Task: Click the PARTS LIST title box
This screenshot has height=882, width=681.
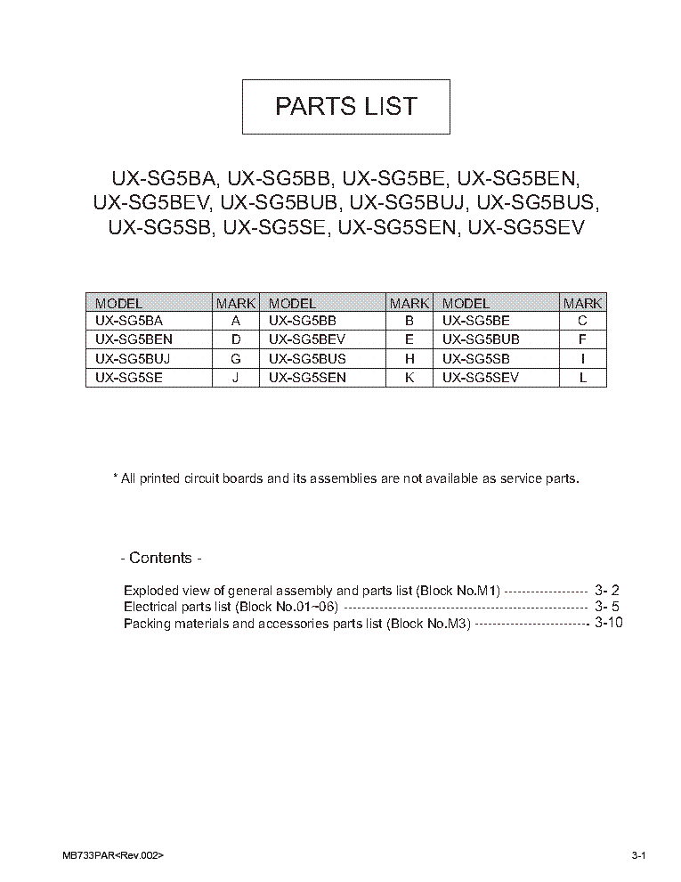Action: coord(346,106)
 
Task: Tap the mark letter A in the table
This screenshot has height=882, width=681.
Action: coord(236,321)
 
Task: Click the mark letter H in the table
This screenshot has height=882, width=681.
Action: coord(409,358)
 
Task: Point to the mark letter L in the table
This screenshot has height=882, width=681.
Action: coord(583,377)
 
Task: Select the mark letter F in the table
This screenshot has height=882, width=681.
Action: coord(583,339)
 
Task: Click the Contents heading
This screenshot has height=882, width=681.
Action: coord(160,559)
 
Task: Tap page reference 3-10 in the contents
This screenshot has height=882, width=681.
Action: coord(607,624)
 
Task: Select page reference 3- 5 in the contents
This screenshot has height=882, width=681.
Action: coord(607,607)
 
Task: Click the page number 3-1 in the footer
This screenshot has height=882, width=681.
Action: coord(637,855)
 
